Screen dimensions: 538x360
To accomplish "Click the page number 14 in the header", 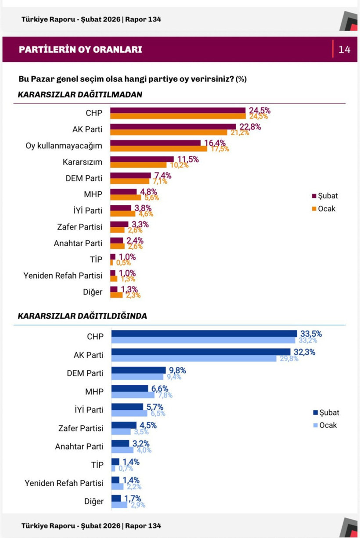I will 344,50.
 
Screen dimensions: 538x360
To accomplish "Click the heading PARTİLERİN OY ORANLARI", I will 80,50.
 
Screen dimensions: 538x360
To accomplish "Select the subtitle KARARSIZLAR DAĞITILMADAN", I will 80,95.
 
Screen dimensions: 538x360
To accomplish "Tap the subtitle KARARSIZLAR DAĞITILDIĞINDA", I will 82,316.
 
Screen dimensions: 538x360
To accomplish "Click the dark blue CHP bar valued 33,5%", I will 204,334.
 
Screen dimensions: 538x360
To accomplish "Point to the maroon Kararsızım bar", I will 141,159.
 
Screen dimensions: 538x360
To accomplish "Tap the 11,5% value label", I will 188,159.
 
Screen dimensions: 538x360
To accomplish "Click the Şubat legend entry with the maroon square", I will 324,196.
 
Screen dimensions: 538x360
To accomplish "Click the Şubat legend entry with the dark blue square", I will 326,412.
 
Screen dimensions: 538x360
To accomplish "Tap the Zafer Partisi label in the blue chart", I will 81,428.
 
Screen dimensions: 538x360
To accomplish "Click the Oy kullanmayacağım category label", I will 64,146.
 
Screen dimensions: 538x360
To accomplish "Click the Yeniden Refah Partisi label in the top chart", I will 63,276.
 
